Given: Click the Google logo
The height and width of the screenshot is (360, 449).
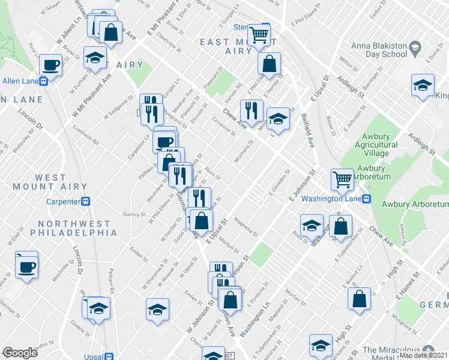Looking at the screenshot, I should [20, 353].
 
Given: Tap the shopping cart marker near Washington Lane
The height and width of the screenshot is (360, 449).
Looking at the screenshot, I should [342, 179].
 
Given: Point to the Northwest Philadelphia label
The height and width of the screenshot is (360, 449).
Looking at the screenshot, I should [77, 228].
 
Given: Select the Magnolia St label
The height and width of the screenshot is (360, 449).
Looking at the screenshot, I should [246, 226].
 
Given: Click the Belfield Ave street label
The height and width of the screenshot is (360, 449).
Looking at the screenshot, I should [308, 132].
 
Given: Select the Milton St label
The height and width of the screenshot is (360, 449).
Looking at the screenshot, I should [348, 62].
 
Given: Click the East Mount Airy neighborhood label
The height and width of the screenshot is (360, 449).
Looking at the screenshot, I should [236, 46].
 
